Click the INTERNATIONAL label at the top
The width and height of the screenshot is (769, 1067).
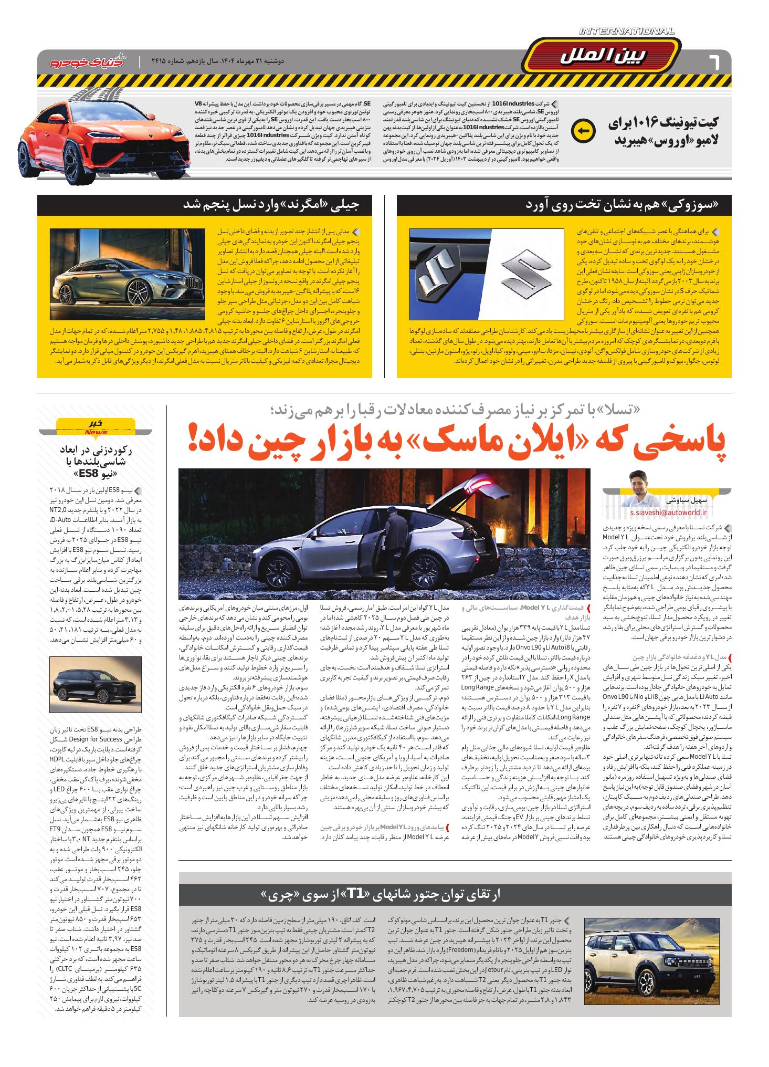(x=627, y=32)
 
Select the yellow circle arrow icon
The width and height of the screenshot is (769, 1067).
(x=583, y=131)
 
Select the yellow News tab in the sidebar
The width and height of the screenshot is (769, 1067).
(x=96, y=426)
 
